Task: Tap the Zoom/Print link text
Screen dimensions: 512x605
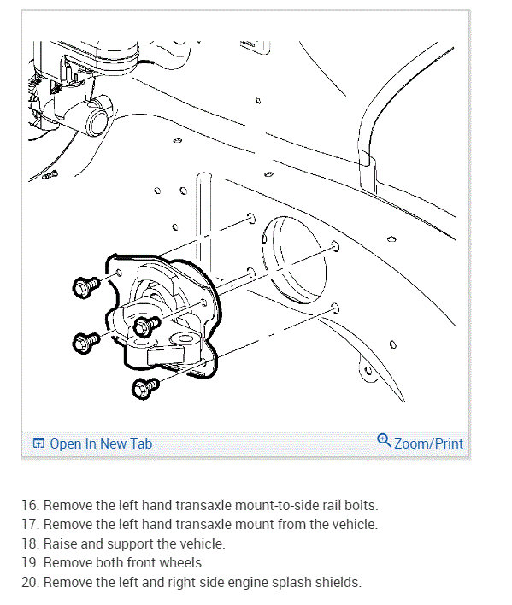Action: [x=428, y=443]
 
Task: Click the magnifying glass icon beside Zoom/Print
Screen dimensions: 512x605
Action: [x=384, y=440]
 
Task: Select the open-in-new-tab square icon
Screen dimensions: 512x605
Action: [x=38, y=443]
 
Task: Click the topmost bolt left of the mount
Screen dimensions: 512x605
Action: [x=85, y=287]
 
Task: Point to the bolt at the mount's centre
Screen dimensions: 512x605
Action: [x=146, y=326]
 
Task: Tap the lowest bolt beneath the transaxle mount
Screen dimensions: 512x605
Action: [x=144, y=388]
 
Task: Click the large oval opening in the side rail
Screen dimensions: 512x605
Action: [x=294, y=260]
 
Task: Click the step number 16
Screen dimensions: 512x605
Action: [x=30, y=505]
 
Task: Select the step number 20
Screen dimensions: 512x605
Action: [x=31, y=582]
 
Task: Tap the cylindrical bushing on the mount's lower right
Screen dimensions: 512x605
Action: [x=185, y=339]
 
